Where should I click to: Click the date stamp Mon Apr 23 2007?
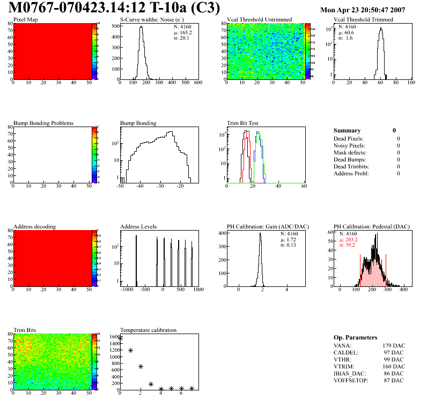(x=362, y=10)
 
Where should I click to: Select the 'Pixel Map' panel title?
(x=25, y=20)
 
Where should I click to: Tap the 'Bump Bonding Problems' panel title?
(x=43, y=123)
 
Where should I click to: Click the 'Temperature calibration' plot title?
(x=148, y=330)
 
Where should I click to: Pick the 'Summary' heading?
(x=347, y=130)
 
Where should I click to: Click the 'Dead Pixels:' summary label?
(x=349, y=138)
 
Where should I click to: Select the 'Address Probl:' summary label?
(x=352, y=173)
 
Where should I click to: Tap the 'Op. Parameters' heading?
(x=355, y=337)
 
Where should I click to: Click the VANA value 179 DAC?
(x=392, y=345)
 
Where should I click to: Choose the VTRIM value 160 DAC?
(x=392, y=366)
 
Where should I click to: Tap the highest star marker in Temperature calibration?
(x=120, y=338)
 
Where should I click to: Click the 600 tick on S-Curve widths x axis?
(x=198, y=83)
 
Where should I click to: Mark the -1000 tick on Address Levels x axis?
(x=127, y=290)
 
